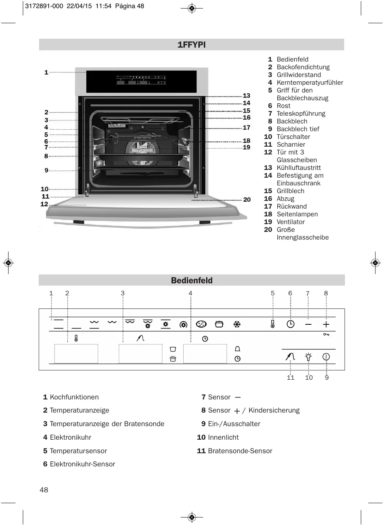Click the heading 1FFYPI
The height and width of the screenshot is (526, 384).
[191, 45]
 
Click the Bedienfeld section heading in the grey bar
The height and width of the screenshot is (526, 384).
[191, 280]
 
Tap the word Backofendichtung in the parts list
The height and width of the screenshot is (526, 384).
[303, 67]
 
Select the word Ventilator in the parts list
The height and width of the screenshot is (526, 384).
[290, 222]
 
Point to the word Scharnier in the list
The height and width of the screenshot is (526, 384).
[291, 144]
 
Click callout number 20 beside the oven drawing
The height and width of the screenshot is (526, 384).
[247, 200]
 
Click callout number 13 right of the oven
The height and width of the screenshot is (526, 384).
[246, 96]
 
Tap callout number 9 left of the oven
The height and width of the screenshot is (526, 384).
[46, 170]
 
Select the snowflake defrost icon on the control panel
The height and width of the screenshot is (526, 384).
[237, 324]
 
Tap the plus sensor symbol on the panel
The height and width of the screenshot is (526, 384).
[326, 324]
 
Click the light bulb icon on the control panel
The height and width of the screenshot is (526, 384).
[308, 356]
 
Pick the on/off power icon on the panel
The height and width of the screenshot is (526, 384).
[326, 356]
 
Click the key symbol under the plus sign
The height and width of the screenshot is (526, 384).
[326, 334]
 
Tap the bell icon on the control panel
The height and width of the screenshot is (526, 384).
[237, 349]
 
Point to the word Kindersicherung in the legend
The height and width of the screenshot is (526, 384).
[274, 410]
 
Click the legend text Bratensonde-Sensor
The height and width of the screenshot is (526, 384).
[240, 451]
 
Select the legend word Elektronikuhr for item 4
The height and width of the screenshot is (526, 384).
[70, 437]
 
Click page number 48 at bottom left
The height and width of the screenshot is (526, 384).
[44, 490]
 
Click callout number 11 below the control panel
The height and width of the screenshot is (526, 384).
[290, 378]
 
